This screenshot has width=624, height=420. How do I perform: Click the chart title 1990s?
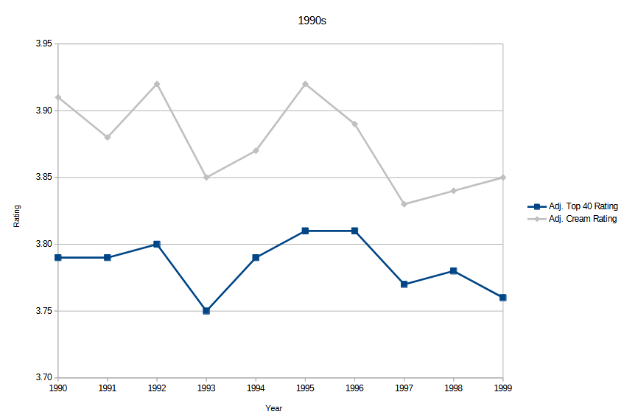(x=311, y=21)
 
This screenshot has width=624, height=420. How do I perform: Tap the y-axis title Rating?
(x=18, y=216)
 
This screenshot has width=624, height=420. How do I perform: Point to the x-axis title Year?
(x=274, y=408)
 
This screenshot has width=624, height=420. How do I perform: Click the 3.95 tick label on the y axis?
(x=43, y=44)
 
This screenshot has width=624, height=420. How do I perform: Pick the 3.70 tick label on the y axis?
(x=43, y=378)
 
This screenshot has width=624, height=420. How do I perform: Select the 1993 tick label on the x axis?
(x=206, y=387)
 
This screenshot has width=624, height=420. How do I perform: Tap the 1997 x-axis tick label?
(x=404, y=387)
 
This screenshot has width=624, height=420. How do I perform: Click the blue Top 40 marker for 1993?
(x=206, y=311)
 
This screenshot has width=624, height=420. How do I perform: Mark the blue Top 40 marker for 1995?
(x=305, y=231)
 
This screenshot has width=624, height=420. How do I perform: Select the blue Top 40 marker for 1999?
(x=503, y=298)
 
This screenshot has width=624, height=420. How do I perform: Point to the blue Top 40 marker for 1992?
(x=157, y=244)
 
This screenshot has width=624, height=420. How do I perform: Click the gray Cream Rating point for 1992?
(x=157, y=84)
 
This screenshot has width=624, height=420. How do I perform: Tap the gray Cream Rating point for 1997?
(x=404, y=204)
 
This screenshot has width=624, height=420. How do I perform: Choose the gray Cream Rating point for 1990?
(x=58, y=97)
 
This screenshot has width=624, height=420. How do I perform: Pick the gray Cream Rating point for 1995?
(x=305, y=84)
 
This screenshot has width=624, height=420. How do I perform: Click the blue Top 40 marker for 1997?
(x=404, y=284)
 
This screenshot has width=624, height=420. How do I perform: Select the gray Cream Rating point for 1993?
(x=206, y=178)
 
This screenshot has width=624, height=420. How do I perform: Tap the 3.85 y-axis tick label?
(x=43, y=178)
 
